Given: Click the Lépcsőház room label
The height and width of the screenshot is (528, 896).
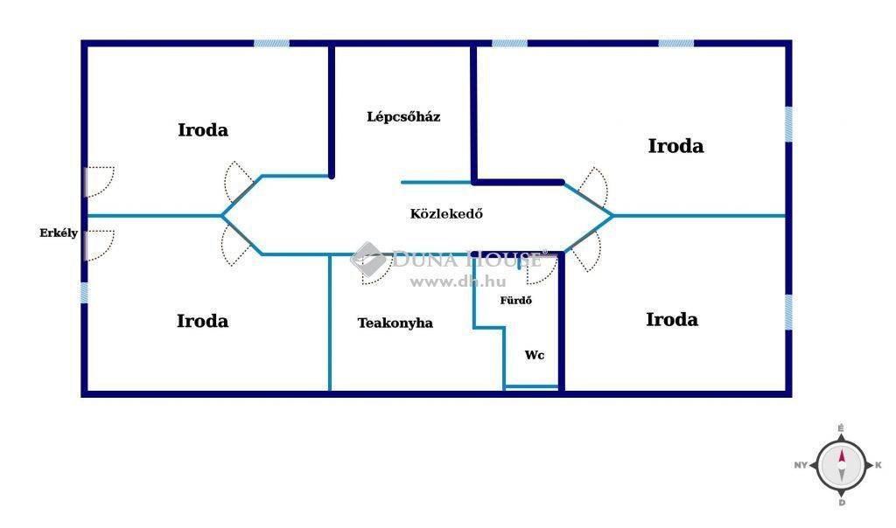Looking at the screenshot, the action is click(403, 117).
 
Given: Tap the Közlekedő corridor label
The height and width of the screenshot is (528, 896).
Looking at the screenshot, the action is click(446, 213).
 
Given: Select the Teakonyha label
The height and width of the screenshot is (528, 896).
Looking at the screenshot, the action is click(395, 323).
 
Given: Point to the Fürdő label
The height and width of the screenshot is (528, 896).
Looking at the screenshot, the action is click(515, 300).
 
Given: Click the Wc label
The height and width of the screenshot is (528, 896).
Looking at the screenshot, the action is click(535, 355).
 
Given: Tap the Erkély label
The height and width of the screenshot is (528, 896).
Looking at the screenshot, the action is click(59, 233).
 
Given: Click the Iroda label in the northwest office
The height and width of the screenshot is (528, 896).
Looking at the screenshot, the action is click(203, 130).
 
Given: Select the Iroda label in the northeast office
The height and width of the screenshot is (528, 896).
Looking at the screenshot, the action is click(675, 146).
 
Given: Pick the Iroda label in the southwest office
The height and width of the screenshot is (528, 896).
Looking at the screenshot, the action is click(202, 321).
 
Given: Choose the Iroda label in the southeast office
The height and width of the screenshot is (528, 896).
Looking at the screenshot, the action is click(671, 320).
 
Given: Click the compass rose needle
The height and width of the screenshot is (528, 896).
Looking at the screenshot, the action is click(841, 460).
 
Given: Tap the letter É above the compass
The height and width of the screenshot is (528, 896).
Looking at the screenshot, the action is click(841, 428).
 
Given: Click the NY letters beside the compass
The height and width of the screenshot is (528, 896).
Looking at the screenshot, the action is click(801, 465).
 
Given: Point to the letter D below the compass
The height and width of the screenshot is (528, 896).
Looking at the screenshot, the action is click(842, 503).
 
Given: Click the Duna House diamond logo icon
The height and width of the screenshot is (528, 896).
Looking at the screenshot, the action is click(367, 259).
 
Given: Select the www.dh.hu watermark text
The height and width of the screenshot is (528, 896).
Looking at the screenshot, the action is click(458, 281).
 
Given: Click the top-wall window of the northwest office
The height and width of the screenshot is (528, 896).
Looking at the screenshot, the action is click(271, 44).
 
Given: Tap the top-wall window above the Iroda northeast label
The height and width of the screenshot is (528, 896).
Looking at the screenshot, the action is click(676, 44).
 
